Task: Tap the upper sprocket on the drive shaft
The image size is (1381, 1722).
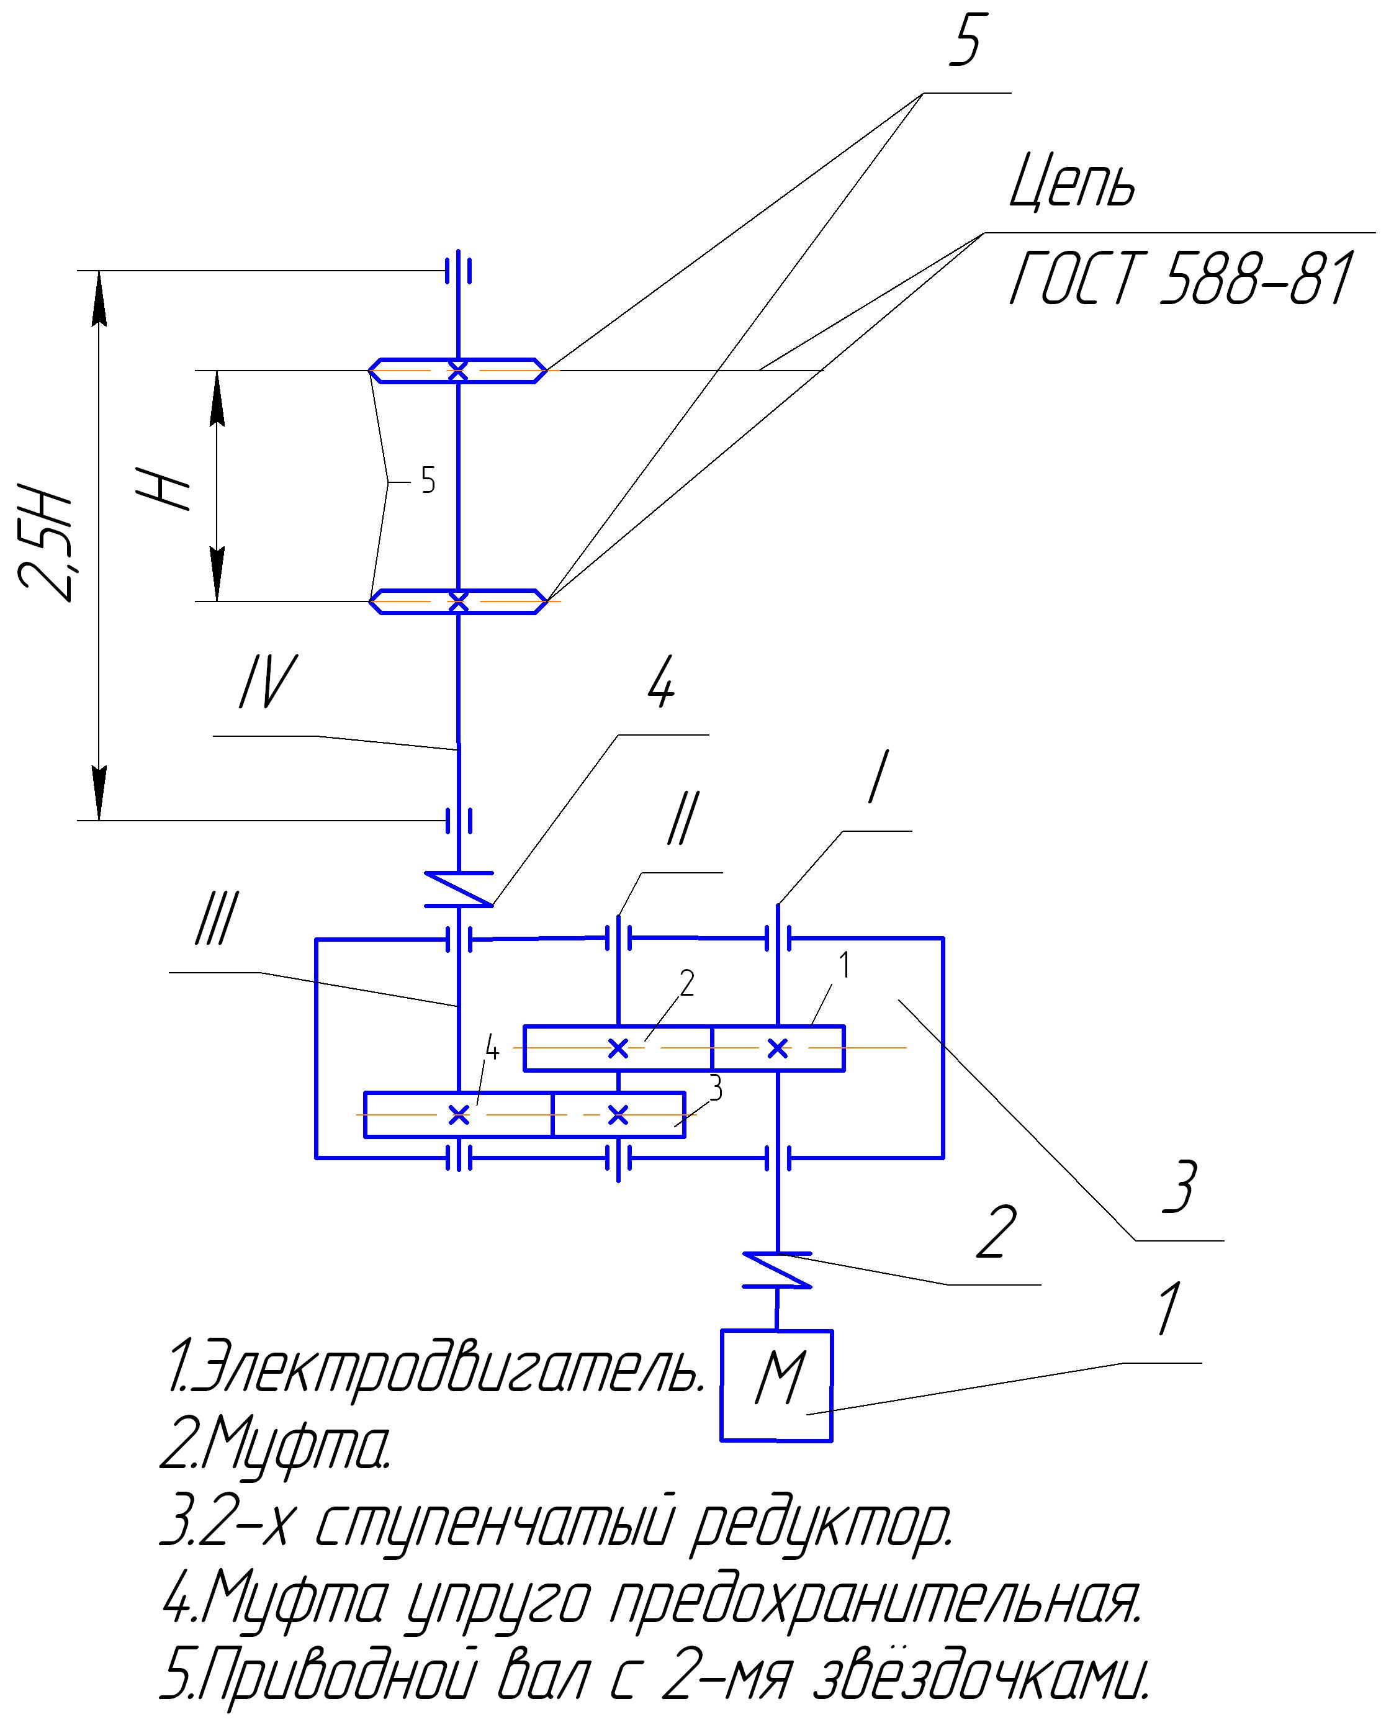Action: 457,371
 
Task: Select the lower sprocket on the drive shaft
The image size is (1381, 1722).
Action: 457,601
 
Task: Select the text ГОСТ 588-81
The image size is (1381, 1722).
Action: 1181,279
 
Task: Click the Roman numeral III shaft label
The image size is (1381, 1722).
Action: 215,919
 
